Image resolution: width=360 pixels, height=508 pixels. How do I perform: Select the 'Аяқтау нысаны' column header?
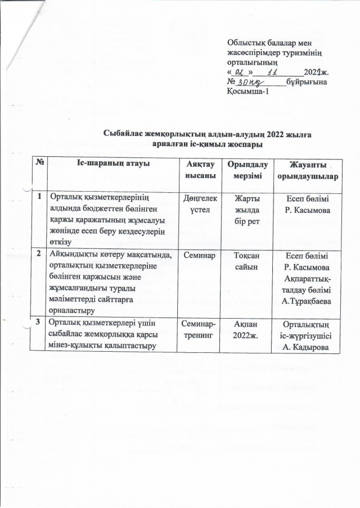coord(200,170)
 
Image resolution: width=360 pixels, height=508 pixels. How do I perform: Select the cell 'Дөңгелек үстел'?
coord(200,204)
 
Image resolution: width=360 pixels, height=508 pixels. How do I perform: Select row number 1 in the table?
coord(40,197)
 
